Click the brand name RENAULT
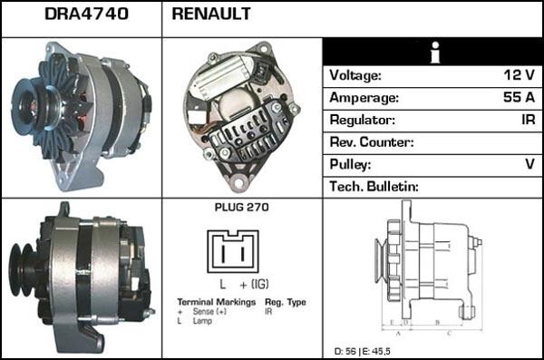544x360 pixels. (211, 15)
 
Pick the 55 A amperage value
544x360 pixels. (519, 98)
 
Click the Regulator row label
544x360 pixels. (363, 120)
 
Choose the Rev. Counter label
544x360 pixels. (372, 142)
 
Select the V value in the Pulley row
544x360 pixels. (528, 164)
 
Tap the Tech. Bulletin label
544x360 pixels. (374, 186)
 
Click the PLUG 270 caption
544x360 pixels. (242, 208)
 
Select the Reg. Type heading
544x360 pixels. (285, 302)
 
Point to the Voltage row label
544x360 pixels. (355, 76)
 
